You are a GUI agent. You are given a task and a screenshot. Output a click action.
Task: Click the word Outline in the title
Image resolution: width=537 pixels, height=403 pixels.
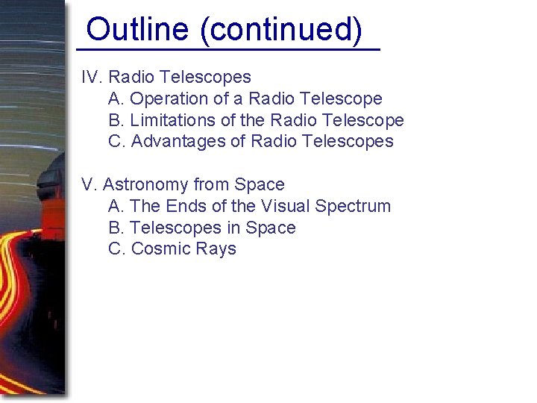137,30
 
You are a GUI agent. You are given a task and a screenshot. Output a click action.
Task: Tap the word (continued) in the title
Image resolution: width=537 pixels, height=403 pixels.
281,30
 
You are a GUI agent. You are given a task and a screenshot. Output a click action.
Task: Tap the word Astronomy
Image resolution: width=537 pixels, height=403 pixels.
145,184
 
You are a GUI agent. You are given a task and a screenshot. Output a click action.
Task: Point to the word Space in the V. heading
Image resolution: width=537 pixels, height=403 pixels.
260,184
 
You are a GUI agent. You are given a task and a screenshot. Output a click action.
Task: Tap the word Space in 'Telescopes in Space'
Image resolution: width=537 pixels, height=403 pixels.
271,228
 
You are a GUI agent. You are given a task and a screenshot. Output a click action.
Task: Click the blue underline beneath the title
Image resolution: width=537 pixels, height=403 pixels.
228,49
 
